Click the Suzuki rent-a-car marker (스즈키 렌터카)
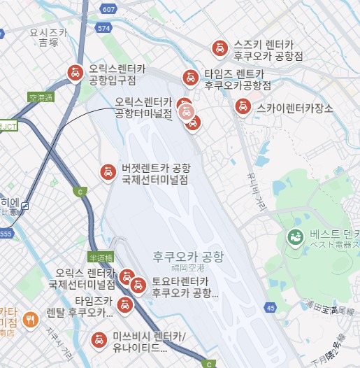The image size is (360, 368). [x=219, y=48]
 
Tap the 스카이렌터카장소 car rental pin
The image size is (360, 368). [x=243, y=107]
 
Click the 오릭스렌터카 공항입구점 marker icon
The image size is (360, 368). [x=74, y=72]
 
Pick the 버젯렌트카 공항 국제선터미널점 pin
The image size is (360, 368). [x=108, y=171]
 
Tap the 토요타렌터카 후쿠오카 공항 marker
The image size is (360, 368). [x=138, y=285]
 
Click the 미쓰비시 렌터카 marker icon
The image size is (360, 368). [x=99, y=341]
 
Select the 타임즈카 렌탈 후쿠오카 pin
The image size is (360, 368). [x=124, y=304]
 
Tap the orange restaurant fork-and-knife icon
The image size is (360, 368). [x=30, y=320]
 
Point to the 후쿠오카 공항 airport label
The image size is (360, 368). [x=187, y=257]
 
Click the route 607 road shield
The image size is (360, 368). [x=108, y=9]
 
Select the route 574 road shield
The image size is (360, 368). [x=105, y=28]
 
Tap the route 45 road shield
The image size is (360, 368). [x=271, y=307]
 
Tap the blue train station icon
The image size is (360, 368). [x=25, y=206]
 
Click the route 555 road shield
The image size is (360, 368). [x=6, y=233]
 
